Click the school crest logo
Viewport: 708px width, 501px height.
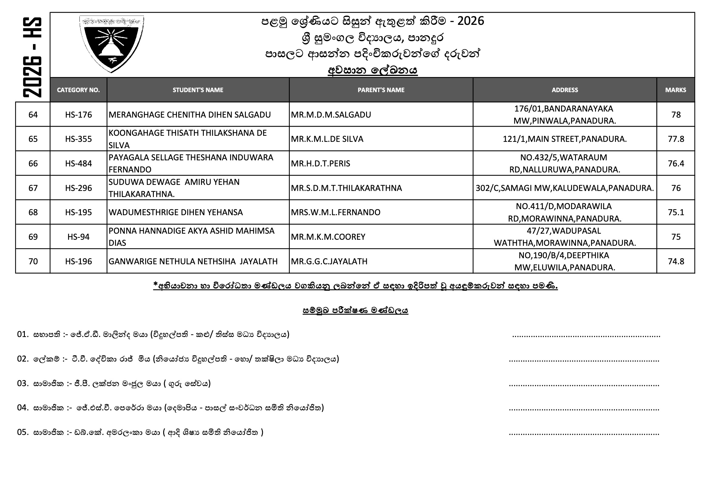click(x=111, y=44)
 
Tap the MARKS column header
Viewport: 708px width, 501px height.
click(x=675, y=90)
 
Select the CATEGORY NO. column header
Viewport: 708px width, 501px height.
click(x=78, y=90)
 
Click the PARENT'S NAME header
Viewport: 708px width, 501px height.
click(x=381, y=90)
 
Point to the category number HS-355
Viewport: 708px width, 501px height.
click(x=78, y=139)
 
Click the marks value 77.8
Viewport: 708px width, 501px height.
click(x=676, y=139)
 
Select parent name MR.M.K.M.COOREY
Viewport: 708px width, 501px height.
click(x=328, y=237)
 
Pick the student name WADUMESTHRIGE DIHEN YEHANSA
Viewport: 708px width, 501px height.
click(x=175, y=212)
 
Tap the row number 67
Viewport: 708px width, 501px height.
click(x=33, y=188)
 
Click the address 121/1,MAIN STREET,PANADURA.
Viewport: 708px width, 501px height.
click(x=564, y=139)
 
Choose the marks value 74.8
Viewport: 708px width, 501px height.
click(x=676, y=262)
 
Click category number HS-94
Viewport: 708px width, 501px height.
click(x=78, y=237)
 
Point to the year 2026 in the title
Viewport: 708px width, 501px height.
click(x=471, y=21)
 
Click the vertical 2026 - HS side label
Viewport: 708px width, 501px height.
click(x=32, y=57)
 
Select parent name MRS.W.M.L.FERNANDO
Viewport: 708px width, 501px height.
click(x=336, y=212)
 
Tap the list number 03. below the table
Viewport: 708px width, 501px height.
click(x=22, y=383)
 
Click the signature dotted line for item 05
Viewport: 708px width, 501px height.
click(x=584, y=433)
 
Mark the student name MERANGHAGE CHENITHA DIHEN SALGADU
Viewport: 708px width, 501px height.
click(x=190, y=115)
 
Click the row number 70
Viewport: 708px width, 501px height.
click(x=33, y=262)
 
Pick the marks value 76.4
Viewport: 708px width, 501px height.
click(x=676, y=163)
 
